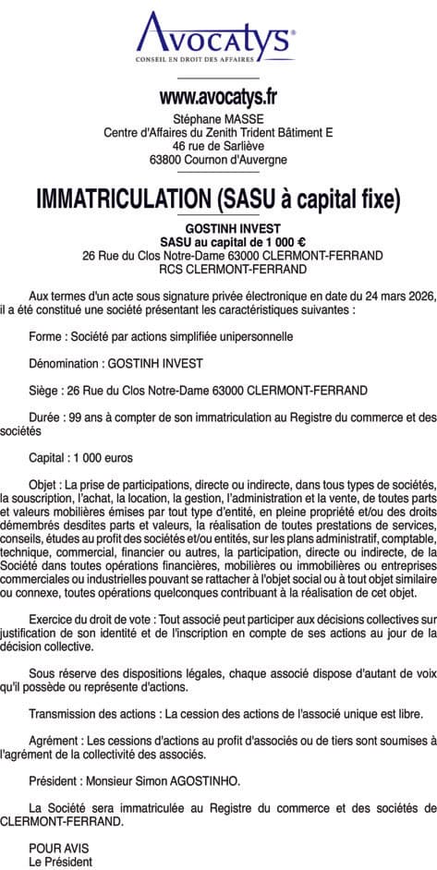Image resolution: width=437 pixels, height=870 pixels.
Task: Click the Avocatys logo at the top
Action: [x=217, y=37]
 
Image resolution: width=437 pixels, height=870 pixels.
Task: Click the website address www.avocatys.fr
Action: [x=218, y=96]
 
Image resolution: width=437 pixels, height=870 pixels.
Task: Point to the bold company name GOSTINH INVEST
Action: [x=218, y=226]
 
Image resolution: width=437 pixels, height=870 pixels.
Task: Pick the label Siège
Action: [x=46, y=389]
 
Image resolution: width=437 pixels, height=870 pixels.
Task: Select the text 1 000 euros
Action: [x=104, y=457]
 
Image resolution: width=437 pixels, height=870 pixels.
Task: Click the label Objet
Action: [x=44, y=485]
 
